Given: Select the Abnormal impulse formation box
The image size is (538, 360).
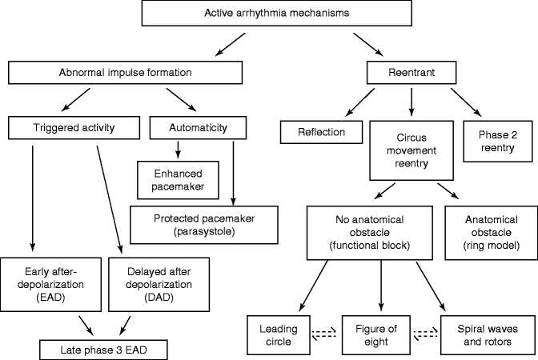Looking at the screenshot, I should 125,73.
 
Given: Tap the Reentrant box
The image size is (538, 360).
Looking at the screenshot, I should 412,73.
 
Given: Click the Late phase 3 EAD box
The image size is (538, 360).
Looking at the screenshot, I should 97,349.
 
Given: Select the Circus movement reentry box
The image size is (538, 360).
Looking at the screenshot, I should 412,150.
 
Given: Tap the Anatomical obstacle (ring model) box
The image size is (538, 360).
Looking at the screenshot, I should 491,232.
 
